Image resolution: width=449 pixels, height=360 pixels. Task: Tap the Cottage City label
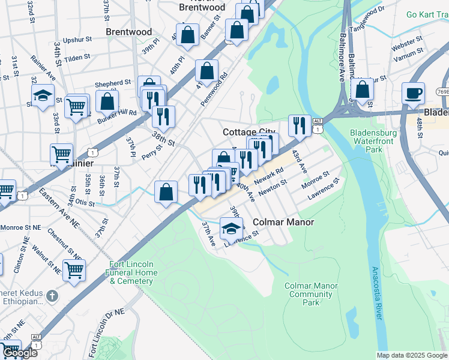coord(247,132)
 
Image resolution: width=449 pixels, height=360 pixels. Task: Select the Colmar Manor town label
coord(283,222)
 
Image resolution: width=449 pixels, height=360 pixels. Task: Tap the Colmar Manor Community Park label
coord(310,295)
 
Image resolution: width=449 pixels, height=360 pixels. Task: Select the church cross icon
coord(52,296)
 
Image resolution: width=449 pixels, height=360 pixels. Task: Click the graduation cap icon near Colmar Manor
coord(231,228)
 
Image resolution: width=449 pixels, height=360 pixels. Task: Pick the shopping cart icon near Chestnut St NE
coord(74,271)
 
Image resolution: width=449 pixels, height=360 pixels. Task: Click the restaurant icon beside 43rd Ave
coord(299,127)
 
